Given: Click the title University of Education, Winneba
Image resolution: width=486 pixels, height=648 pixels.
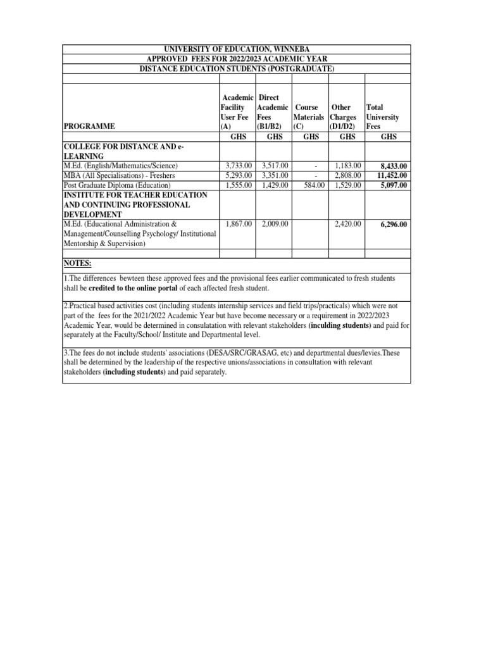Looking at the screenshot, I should (236, 49).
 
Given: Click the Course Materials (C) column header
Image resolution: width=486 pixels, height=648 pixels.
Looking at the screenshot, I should (310, 117).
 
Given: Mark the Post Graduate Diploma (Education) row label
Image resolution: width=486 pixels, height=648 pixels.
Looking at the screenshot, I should (117, 185).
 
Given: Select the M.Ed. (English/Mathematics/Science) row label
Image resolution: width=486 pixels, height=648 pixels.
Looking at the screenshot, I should (125, 166).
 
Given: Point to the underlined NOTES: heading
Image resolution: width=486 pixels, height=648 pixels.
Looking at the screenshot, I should (78, 263).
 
